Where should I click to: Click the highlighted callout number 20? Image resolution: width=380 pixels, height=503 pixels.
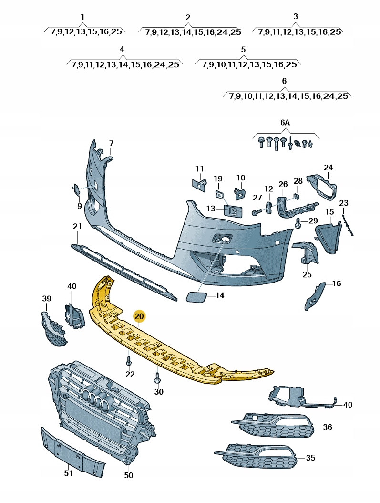(x=139, y=316)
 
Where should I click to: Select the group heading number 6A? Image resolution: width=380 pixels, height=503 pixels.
(x=285, y=122)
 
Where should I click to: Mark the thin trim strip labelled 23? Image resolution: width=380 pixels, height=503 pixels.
(x=347, y=225)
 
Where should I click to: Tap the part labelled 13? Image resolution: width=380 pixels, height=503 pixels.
(x=233, y=210)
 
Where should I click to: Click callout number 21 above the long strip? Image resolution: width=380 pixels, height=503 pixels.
(x=77, y=226)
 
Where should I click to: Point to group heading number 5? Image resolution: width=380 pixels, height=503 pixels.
(x=243, y=50)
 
